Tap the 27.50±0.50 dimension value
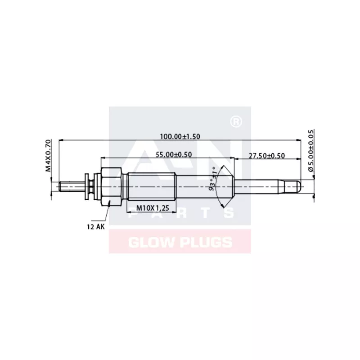click(267, 156)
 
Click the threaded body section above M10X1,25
click(151, 185)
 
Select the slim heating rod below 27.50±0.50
click(265, 185)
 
